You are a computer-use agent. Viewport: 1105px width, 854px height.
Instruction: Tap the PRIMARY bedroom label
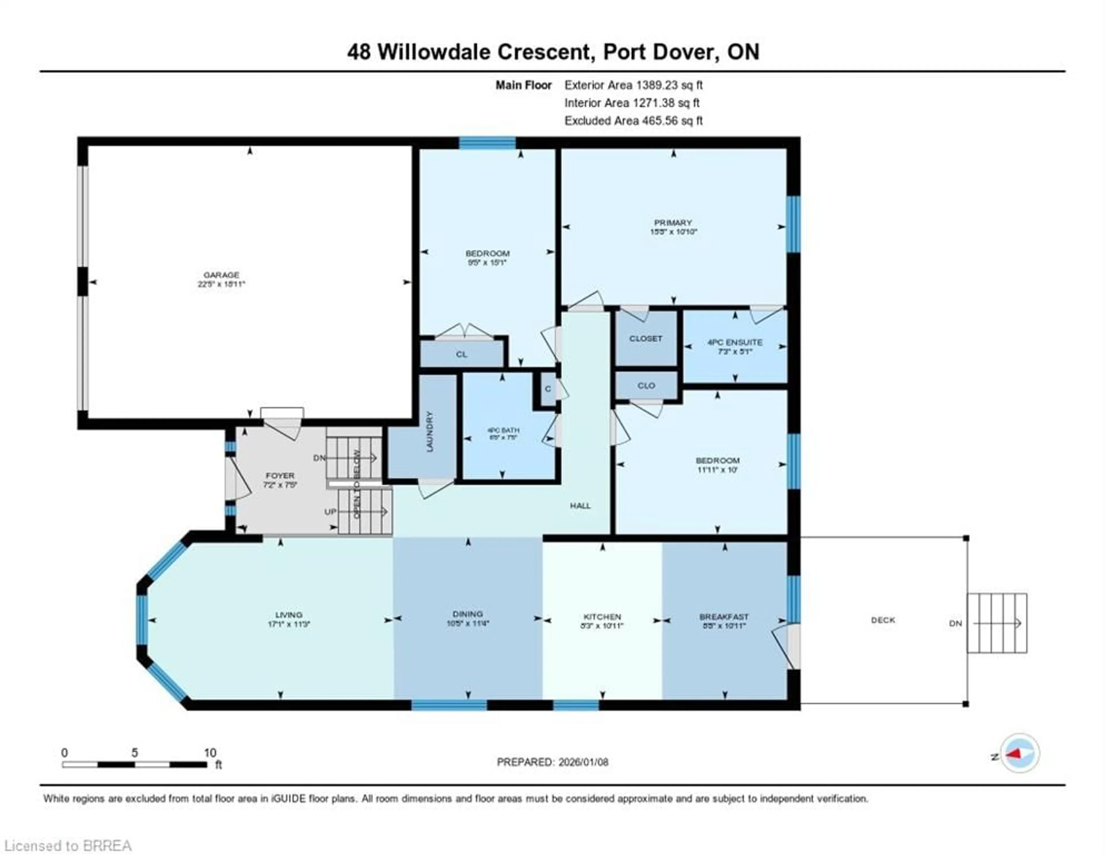tap(672, 223)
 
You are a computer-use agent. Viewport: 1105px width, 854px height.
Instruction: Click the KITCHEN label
tap(602, 617)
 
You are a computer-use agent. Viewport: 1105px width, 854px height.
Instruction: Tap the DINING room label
tap(468, 614)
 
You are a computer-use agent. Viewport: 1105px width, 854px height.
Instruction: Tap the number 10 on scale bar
tap(210, 753)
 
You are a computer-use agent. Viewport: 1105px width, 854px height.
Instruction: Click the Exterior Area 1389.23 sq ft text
tap(633, 85)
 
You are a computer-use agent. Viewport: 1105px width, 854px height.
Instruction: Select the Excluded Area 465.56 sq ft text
tap(633, 121)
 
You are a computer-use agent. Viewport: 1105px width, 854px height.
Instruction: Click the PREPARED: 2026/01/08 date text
tap(552, 762)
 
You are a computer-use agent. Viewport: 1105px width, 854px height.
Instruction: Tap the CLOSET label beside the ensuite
tap(646, 338)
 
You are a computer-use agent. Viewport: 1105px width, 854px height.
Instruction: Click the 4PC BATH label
tap(503, 430)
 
